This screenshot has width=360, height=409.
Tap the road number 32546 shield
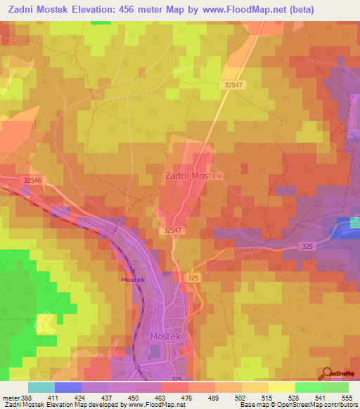pyautogui.click(x=32, y=181)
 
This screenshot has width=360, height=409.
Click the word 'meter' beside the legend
pyautogui.click(x=10, y=397)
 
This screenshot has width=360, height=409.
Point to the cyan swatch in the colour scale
pyautogui.click(x=41, y=387)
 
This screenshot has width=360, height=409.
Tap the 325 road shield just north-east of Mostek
pyautogui.click(x=195, y=279)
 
